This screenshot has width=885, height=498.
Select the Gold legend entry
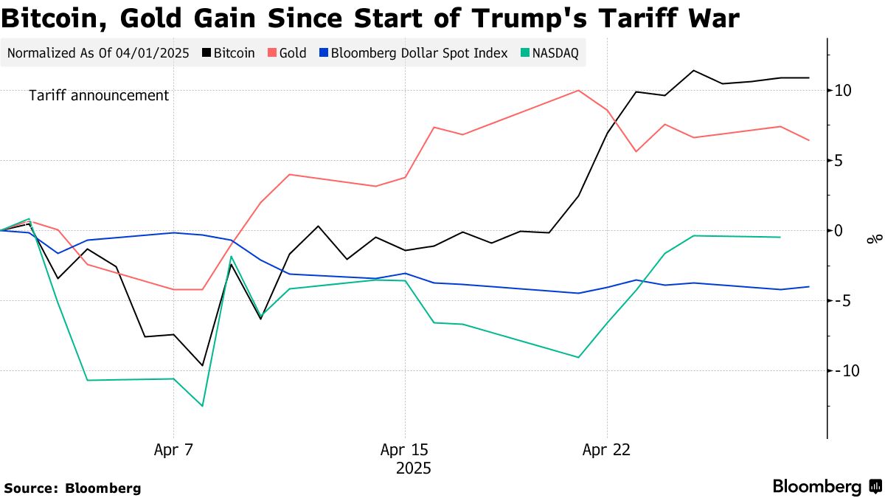click(x=287, y=53)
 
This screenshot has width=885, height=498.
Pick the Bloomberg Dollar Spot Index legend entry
click(x=412, y=53)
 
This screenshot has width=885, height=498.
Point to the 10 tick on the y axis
click(x=843, y=90)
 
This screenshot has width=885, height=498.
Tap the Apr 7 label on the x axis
click(x=173, y=449)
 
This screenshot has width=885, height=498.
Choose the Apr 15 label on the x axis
click(x=404, y=449)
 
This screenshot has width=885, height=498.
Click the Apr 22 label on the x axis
click(x=606, y=449)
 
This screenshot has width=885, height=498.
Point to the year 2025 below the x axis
click(x=413, y=468)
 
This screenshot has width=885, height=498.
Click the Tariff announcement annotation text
click(x=99, y=96)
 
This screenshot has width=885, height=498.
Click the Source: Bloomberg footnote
click(x=72, y=488)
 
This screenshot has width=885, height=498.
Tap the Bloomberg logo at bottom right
click(x=826, y=487)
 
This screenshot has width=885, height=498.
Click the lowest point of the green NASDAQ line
click(x=202, y=406)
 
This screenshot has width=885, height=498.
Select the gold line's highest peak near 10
click(x=578, y=91)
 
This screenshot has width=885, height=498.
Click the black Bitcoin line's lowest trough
click(x=202, y=365)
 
